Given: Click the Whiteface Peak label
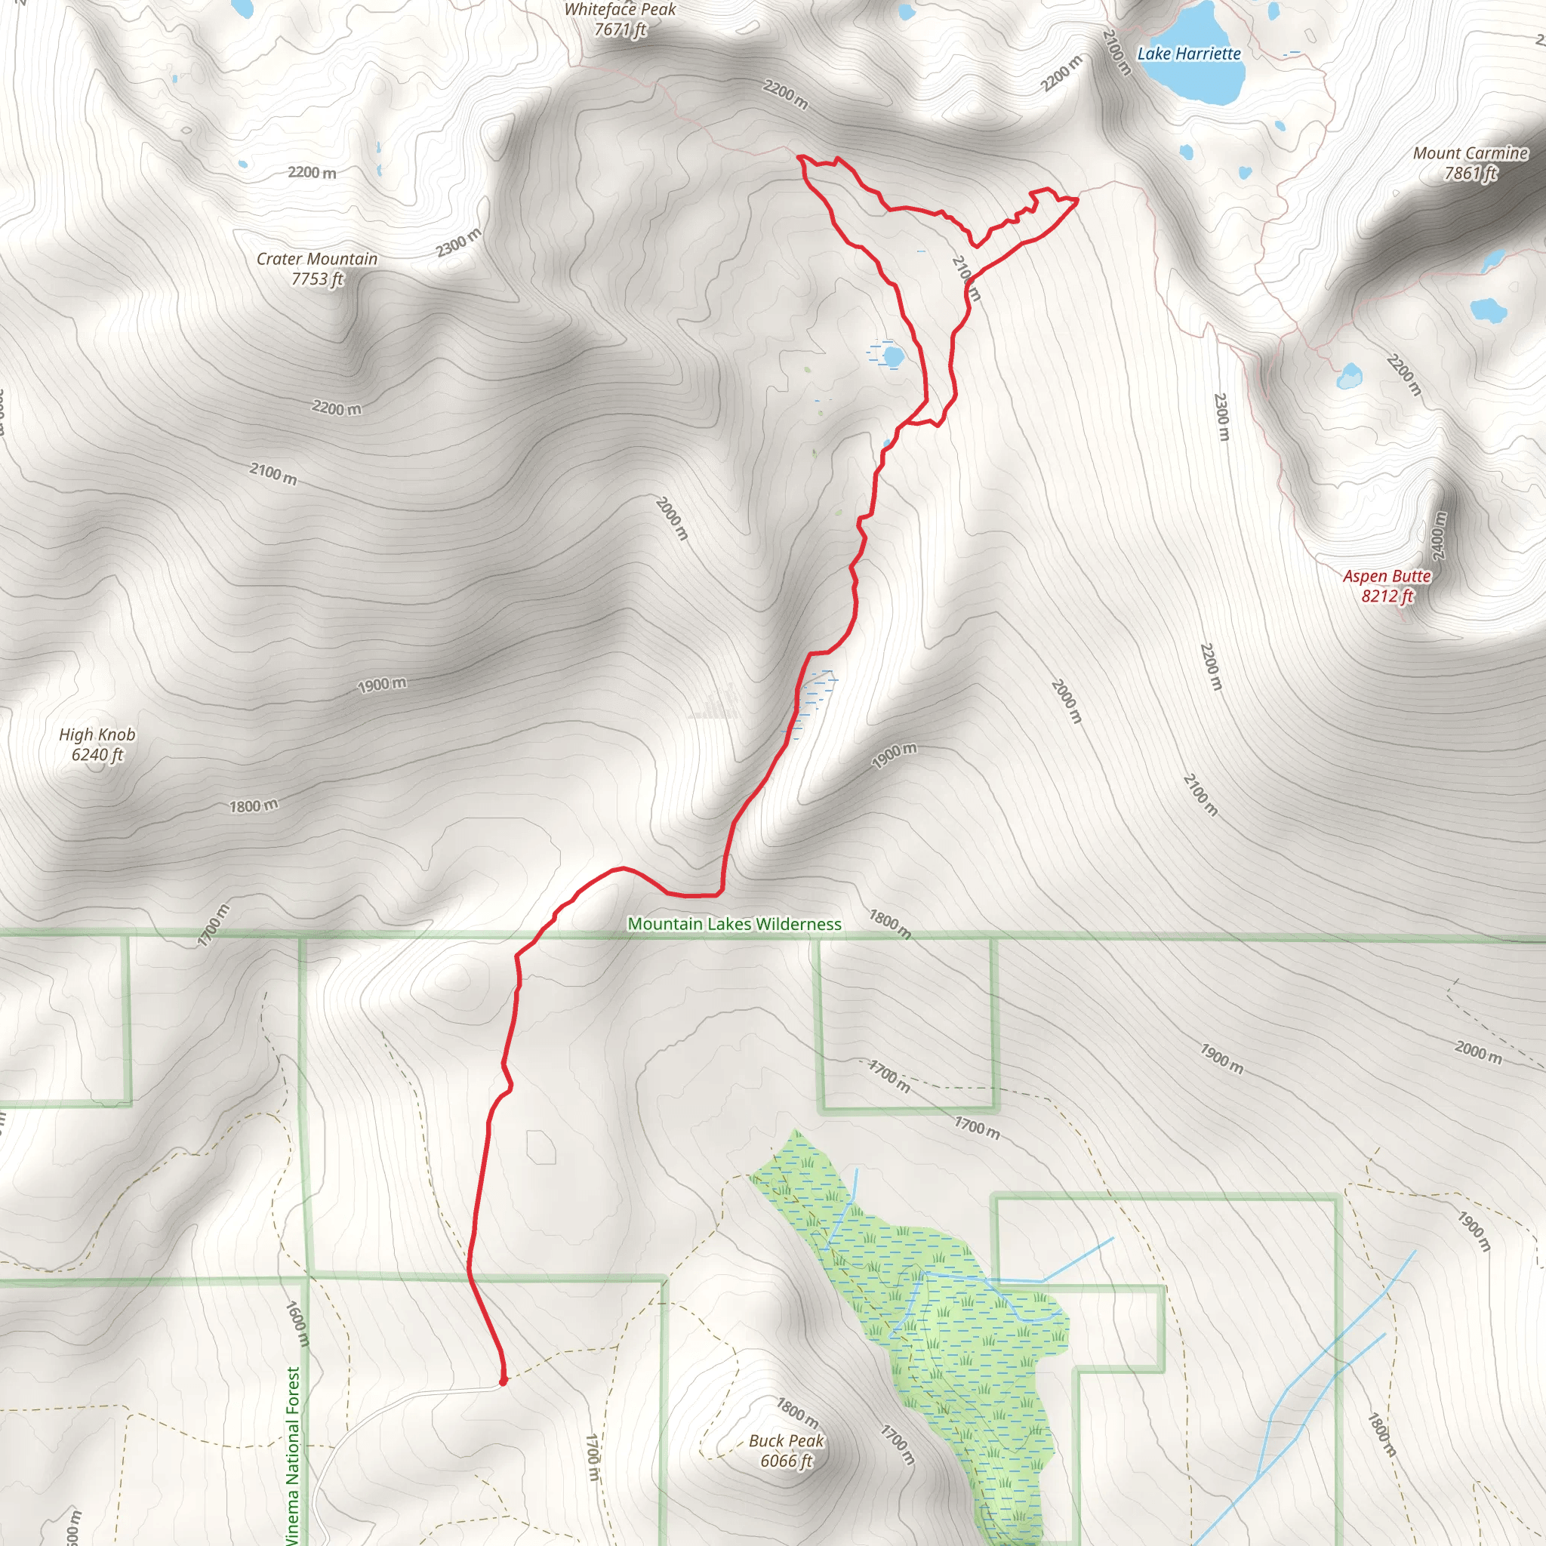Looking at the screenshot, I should [621, 11].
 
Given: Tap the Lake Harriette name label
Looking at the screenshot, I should [1188, 54].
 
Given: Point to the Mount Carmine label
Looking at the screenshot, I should [1470, 152].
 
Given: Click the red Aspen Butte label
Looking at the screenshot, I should [1387, 576].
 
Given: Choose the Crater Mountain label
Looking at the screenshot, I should [317, 258].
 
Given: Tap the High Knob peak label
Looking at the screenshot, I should [97, 735].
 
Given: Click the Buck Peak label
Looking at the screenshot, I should [786, 1440].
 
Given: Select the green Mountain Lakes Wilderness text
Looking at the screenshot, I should [734, 924].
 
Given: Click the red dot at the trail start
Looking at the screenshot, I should [503, 1381].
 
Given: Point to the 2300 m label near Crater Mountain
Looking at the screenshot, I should [458, 242].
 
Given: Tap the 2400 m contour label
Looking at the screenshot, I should [1439, 536].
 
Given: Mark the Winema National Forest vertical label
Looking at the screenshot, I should [293, 1456].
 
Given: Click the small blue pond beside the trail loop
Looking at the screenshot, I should [892, 355].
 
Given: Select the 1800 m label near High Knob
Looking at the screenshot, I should [254, 805].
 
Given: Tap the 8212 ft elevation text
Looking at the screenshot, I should [1387, 596].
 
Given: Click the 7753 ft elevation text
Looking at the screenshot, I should [317, 279].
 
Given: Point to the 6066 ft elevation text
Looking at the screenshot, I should [786, 1461].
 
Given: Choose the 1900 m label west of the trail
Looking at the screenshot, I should [382, 685].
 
